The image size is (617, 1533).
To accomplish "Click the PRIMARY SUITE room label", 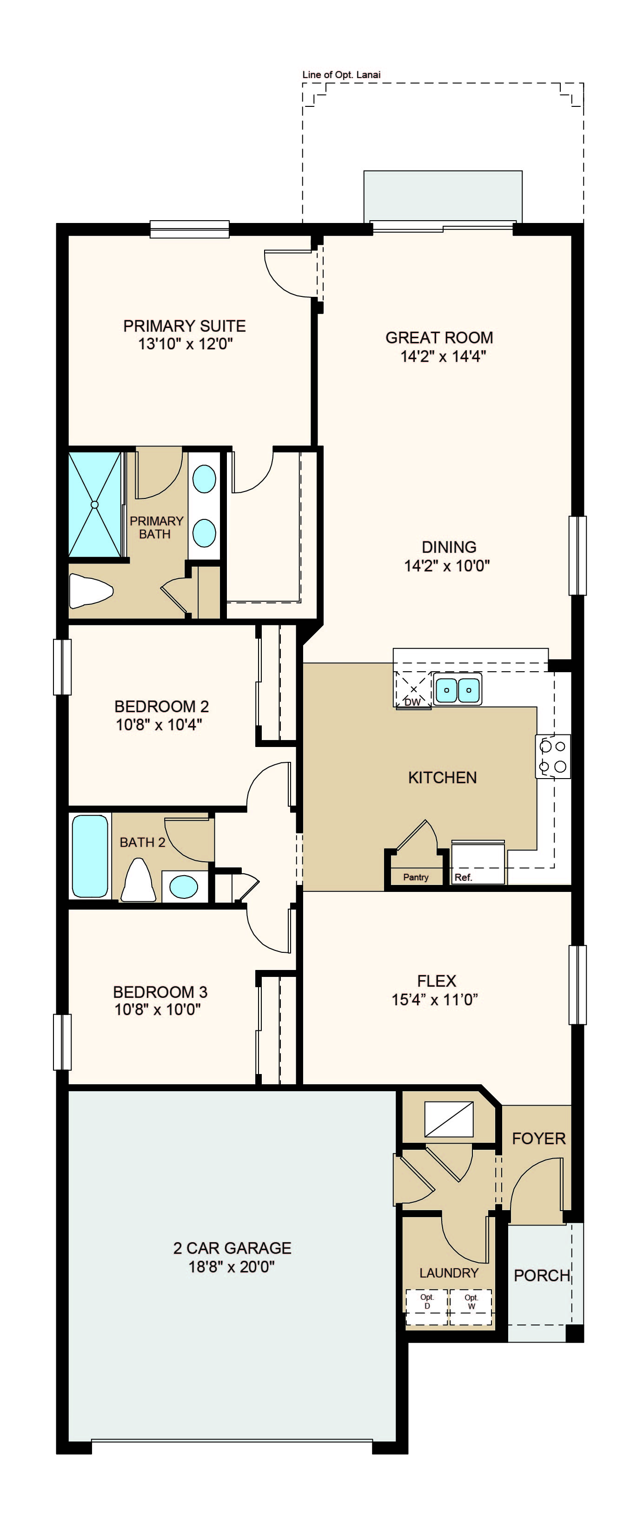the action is (x=185, y=326).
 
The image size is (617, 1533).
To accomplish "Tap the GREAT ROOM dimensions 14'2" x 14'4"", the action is (x=443, y=356).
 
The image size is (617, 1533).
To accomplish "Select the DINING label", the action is (x=449, y=547).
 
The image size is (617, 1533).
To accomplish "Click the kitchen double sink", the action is (x=458, y=690).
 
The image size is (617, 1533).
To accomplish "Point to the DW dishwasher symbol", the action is (x=413, y=691).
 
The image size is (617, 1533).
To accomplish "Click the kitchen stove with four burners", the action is (x=553, y=756).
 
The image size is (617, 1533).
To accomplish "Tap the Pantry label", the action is (x=416, y=877).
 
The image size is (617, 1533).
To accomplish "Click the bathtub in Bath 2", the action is (x=90, y=856).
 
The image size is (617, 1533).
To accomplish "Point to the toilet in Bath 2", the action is (x=138, y=880).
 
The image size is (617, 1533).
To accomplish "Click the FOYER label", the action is (x=538, y=1139).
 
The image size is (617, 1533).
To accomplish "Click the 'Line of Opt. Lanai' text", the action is (x=341, y=74).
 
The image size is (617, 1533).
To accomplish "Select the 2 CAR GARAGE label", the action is (x=232, y=1248).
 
